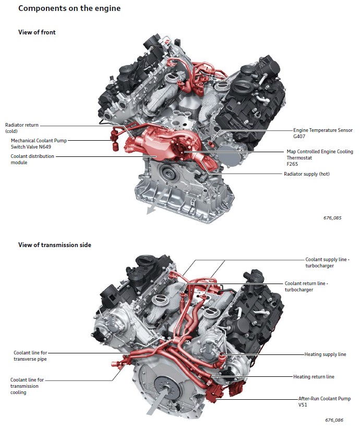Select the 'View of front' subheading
coord(37,32)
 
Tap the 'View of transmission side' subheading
coord(55,245)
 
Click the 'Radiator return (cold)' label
coord(22,128)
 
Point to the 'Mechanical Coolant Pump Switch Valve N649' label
coord(39,143)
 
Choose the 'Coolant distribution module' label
coord(32,159)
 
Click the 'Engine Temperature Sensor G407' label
coord(322,133)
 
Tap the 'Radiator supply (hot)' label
coord(306,174)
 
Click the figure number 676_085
coord(332,218)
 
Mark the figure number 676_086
coord(333,419)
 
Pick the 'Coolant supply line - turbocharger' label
coord(327,262)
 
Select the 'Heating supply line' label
coord(325,354)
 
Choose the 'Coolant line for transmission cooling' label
coord(29,386)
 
